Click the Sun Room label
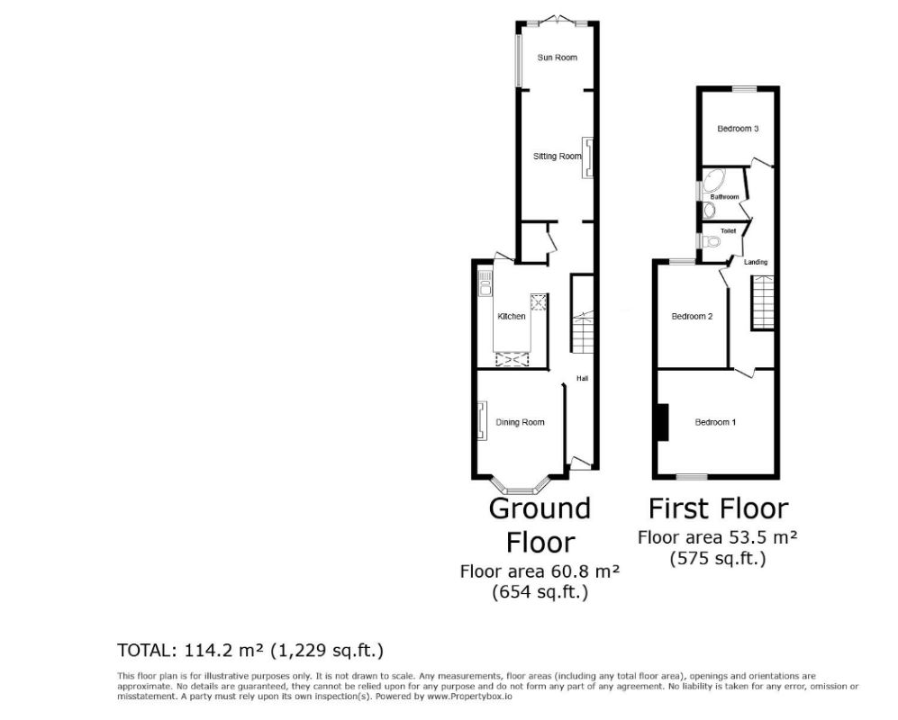coord(557,58)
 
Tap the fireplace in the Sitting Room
coord(588,156)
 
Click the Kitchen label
coord(512,317)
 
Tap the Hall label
coord(582,379)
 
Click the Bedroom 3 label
coord(737,129)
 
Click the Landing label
coord(756,262)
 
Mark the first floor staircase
coord(762,302)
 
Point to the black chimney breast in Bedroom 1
coord(663,422)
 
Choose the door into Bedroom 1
coord(744,371)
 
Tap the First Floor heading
coord(718,508)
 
